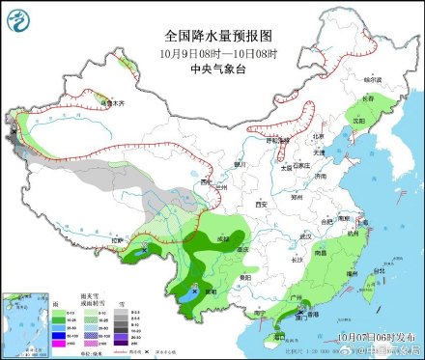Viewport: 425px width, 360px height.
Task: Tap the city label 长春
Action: [367, 98]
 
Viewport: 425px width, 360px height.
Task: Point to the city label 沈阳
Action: [358, 121]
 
